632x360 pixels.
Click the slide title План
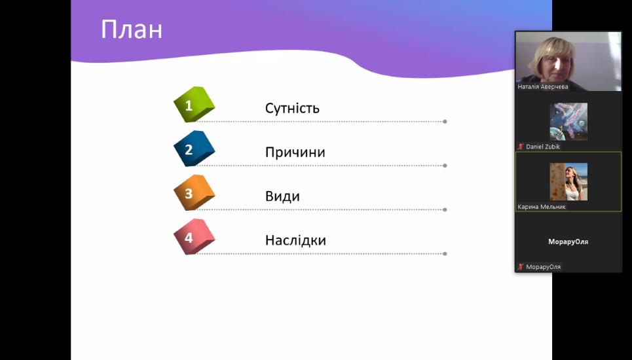(x=132, y=29)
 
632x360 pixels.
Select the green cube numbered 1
(x=194, y=104)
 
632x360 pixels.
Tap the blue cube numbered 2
(x=194, y=149)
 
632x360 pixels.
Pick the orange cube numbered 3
(x=194, y=192)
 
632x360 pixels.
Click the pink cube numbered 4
(x=194, y=237)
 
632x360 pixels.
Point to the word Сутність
(x=292, y=108)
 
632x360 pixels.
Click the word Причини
(x=295, y=153)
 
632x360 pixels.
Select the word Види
(x=282, y=196)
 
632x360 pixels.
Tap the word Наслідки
(x=295, y=240)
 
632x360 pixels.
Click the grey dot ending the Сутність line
(x=445, y=122)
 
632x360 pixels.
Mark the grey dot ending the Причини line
(x=445, y=166)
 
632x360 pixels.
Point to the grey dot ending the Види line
(x=445, y=210)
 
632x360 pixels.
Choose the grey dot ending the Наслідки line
(x=445, y=254)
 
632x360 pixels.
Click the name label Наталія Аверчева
(x=543, y=86)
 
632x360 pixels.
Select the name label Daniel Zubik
(x=543, y=147)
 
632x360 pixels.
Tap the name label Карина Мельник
(x=542, y=207)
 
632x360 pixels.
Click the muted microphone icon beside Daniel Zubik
(x=521, y=147)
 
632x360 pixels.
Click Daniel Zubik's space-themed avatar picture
(x=568, y=122)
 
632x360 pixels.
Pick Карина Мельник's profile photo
(x=568, y=181)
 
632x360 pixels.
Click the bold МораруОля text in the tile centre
(x=568, y=242)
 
